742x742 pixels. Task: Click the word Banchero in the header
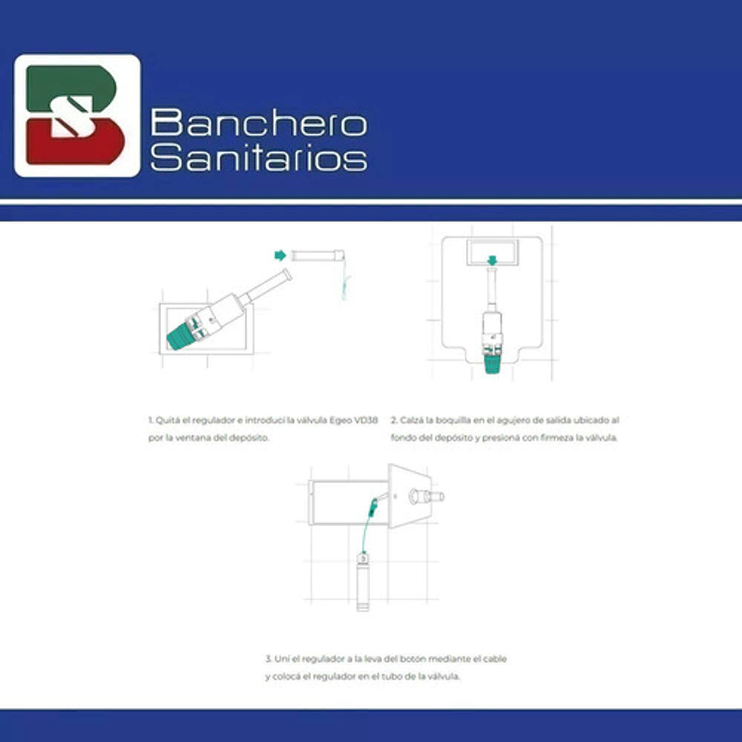tap(258, 122)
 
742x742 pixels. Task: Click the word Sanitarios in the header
tap(258, 157)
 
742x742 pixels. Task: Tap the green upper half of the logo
tap(71, 88)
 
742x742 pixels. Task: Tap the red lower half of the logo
tap(75, 142)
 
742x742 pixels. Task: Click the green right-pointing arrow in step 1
tap(280, 255)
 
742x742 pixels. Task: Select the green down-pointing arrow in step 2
tap(492, 260)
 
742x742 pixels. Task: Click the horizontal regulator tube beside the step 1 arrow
tap(318, 255)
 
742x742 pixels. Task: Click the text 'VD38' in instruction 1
tap(366, 420)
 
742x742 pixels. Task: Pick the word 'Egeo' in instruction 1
tap(341, 420)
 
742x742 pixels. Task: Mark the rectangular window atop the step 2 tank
tap(492, 252)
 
